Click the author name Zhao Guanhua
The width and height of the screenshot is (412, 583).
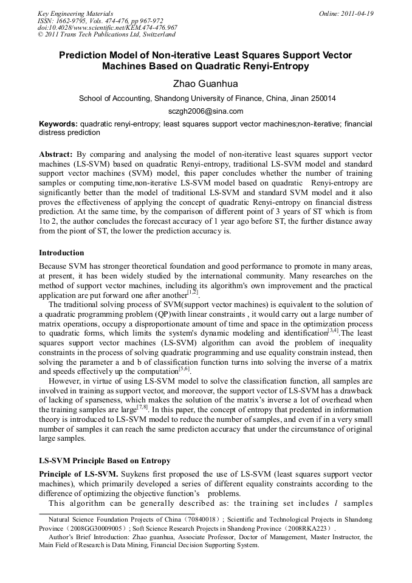click(x=205, y=83)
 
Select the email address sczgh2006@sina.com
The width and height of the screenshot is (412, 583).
click(x=205, y=111)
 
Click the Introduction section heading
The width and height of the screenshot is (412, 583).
click(x=61, y=252)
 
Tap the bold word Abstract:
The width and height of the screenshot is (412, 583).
click(x=56, y=154)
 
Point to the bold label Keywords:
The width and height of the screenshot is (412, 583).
click(x=58, y=123)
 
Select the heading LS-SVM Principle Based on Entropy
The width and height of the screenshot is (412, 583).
click(x=105, y=461)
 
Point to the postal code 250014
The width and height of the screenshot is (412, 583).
click(x=320, y=98)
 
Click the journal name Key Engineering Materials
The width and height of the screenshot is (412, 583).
click(x=75, y=13)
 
